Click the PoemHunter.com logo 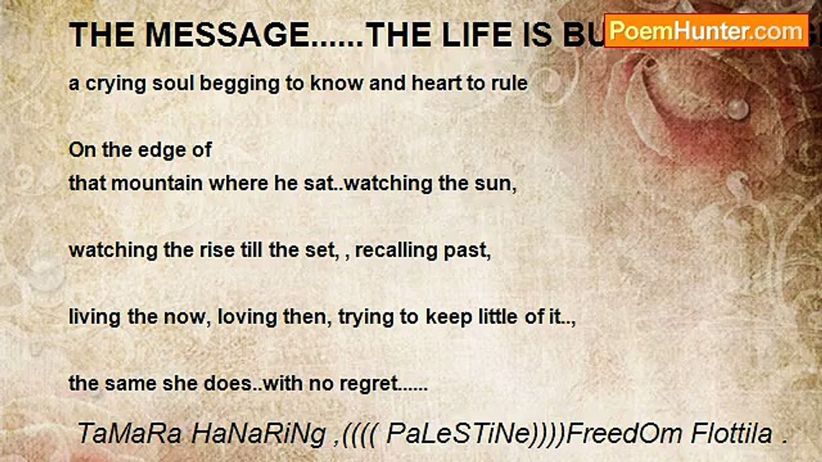point(706,30)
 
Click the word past point(469,250)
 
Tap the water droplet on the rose point(737,108)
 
